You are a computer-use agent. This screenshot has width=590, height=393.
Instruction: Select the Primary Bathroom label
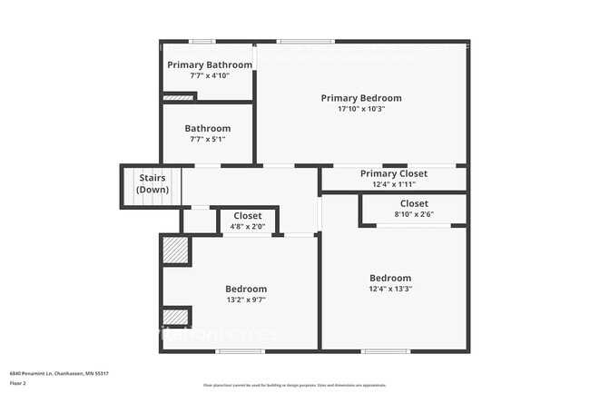pyautogui.click(x=209, y=64)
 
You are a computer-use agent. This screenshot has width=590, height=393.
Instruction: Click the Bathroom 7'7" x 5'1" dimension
pyautogui.click(x=208, y=139)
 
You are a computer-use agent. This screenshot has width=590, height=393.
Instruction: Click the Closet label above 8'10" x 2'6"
pyautogui.click(x=414, y=203)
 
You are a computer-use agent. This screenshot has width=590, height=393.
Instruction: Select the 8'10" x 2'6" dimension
pyautogui.click(x=414, y=214)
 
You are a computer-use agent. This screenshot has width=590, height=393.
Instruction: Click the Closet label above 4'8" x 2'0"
pyautogui.click(x=247, y=216)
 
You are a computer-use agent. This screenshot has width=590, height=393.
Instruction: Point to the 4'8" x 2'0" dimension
pyautogui.click(x=247, y=226)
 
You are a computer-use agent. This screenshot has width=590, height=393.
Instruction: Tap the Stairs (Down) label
pyautogui.click(x=152, y=183)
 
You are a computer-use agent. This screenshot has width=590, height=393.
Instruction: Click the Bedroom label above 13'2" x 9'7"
pyautogui.click(x=246, y=289)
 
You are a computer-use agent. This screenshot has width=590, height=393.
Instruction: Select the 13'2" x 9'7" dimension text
pyautogui.click(x=246, y=300)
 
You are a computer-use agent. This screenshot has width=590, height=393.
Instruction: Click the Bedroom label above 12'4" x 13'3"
pyautogui.click(x=390, y=278)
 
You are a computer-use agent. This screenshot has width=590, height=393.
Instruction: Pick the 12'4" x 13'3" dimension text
pyautogui.click(x=390, y=289)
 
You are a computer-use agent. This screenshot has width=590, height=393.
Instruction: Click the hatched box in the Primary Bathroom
pyautogui.click(x=179, y=97)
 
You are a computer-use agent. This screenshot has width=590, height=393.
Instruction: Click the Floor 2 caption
pyautogui.click(x=18, y=383)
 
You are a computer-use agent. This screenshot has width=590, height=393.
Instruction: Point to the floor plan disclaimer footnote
pyautogui.click(x=295, y=386)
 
